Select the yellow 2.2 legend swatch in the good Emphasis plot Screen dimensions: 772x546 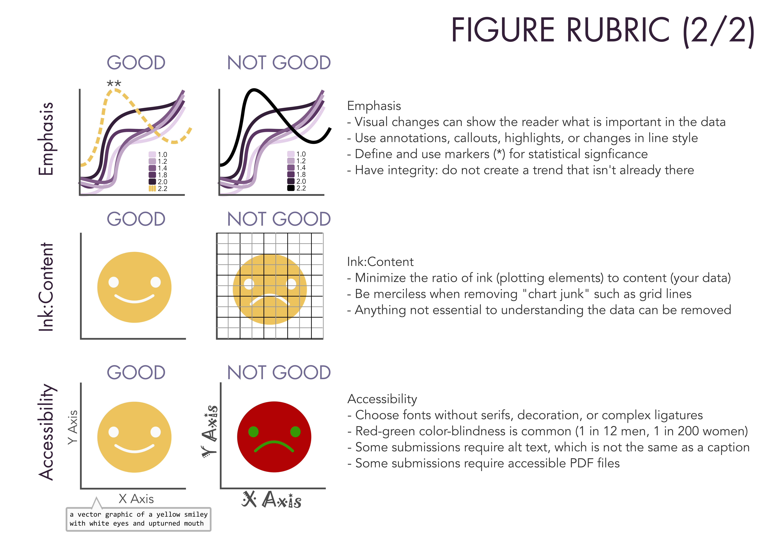point(152,188)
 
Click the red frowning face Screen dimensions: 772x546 point(274,414)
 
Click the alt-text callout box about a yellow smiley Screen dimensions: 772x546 point(139,519)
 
